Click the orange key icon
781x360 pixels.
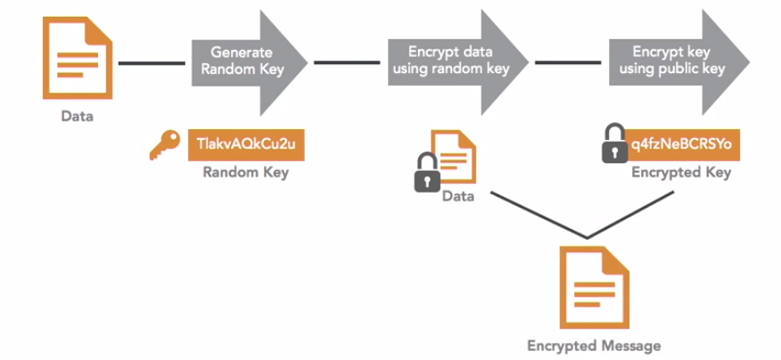click(x=164, y=146)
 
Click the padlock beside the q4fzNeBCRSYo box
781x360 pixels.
click(x=614, y=145)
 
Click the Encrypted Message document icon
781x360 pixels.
click(x=586, y=286)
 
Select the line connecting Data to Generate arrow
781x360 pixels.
click(x=152, y=62)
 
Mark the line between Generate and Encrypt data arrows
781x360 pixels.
click(x=347, y=62)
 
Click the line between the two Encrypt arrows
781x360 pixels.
click(x=567, y=62)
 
